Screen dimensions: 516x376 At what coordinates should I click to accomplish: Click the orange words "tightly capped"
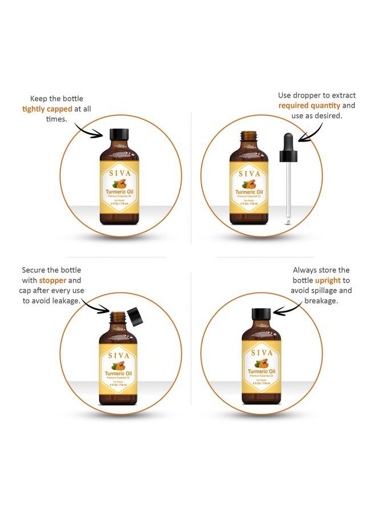47,109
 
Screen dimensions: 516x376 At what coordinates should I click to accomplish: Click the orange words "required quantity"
309,106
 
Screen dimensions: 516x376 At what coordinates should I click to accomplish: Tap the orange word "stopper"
52,280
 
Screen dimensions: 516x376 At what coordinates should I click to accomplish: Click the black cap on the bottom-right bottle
261,313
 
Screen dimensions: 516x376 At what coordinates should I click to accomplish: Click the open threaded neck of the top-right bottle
248,138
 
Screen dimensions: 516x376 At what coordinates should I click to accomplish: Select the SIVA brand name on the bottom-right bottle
261,353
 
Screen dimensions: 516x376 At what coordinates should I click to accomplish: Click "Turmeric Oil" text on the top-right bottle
248,192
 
